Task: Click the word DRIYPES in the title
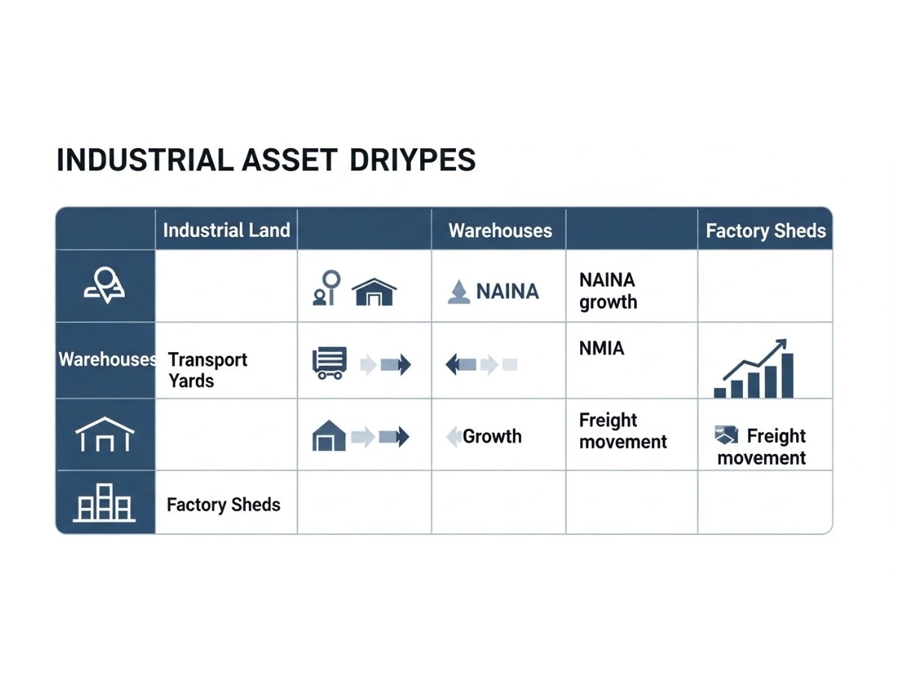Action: point(413,160)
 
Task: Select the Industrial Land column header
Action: point(226,230)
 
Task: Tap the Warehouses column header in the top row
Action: point(500,230)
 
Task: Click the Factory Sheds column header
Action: point(766,231)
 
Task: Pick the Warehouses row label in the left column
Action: point(108,360)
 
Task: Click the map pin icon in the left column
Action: point(105,285)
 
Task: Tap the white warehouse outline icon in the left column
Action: point(105,434)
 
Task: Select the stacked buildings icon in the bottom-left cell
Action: point(104,503)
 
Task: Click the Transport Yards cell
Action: point(208,370)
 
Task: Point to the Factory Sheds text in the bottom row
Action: point(224,505)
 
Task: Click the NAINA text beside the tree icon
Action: point(508,292)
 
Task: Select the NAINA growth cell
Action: point(608,291)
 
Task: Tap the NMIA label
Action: point(602,348)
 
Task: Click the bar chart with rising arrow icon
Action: point(754,369)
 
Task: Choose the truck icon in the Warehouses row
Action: point(330,363)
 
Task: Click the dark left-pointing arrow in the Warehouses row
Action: point(461,364)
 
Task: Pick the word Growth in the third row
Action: point(492,437)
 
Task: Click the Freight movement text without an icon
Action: point(623,431)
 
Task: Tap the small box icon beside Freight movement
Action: point(727,434)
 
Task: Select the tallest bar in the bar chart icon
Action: point(787,376)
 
